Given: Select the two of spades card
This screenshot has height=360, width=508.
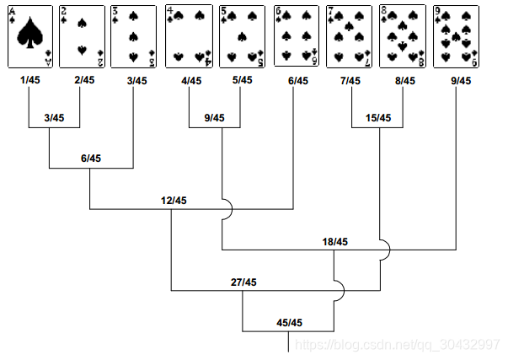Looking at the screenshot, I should [82, 35].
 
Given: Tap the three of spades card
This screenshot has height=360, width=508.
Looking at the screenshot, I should [135, 35].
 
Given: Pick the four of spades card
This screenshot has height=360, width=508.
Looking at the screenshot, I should [189, 35].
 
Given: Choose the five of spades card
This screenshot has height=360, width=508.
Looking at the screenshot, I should [242, 35].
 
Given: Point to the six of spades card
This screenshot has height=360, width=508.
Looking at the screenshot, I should [296, 35].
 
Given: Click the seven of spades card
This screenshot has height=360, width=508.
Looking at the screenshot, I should [349, 35].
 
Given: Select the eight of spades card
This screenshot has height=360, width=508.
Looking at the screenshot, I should [402, 35].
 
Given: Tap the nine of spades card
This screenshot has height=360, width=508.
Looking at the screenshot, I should [456, 35].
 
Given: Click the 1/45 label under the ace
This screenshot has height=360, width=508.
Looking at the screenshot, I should [29, 81].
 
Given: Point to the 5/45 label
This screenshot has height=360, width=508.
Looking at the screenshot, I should [243, 81].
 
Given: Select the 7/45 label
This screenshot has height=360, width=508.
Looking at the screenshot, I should [350, 81].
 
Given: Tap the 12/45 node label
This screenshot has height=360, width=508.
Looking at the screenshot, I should [174, 200].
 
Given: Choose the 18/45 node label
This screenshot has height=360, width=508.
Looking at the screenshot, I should [334, 241].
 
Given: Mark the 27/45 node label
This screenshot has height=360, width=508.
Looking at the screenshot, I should [243, 282].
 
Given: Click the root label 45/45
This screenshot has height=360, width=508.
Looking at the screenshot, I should [290, 322].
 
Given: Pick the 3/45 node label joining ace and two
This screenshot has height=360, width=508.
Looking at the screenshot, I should [54, 117].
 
